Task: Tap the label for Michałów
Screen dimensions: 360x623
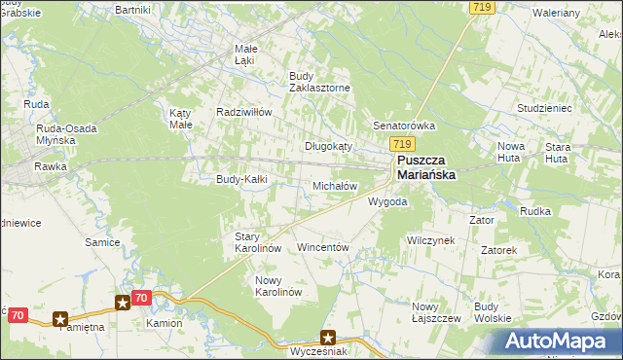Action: (335, 185)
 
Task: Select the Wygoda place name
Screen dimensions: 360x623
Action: (386, 202)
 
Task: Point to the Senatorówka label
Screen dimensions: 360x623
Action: (404, 126)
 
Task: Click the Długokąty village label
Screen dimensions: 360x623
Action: (328, 146)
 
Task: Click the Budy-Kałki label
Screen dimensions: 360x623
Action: (241, 179)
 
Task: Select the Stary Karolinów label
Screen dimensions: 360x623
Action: (258, 242)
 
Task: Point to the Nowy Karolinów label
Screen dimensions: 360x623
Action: (278, 286)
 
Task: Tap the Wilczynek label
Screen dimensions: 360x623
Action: (431, 239)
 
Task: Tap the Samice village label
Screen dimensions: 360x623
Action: (102, 242)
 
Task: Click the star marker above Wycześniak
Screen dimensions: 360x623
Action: (328, 338)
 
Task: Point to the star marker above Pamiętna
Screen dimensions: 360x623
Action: (60, 317)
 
